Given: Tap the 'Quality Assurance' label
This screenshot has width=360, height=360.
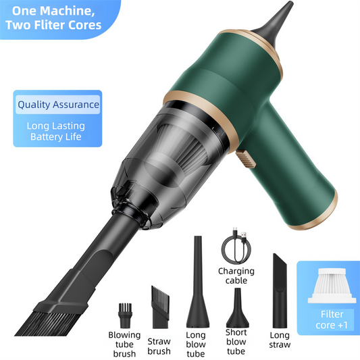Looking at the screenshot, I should (x=58, y=105).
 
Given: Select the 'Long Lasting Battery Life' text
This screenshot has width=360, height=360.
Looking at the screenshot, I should (x=55, y=131).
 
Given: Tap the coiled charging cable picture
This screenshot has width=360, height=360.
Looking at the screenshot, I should (x=236, y=249).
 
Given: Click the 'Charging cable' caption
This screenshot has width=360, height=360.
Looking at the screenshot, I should (x=236, y=276).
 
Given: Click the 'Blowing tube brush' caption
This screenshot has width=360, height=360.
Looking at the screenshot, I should (x=124, y=344).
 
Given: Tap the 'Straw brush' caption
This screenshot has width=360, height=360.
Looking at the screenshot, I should (x=159, y=346).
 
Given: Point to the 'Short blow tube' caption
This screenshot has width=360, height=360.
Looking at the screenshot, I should (x=236, y=341).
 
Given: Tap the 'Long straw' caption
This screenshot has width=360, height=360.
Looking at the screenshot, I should (x=279, y=340).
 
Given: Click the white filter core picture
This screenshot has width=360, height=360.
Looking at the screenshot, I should (x=332, y=286).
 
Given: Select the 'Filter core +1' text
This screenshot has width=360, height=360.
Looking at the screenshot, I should (x=332, y=319).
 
